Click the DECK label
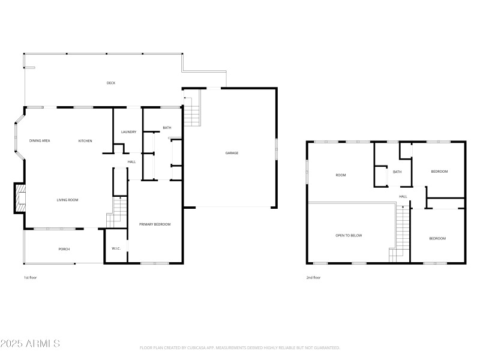coord(111,83)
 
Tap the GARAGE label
coord(232,153)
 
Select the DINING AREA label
coord(40,140)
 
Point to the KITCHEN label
coord(85,140)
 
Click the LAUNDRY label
coord(128,132)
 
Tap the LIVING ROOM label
coord(68,200)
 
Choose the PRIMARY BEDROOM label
coord(155,224)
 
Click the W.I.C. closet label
coord(116,248)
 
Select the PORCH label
coord(64,249)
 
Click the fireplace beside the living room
coord(20,199)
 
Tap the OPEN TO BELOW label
coord(349,235)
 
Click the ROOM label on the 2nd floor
coord(341,175)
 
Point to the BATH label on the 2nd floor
coord(397,172)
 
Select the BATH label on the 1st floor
coord(167,128)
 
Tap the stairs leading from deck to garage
coord(191,112)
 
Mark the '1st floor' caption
coord(30,278)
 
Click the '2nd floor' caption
coord(313,278)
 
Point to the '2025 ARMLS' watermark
coord(30,344)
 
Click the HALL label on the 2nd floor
coord(403,196)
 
